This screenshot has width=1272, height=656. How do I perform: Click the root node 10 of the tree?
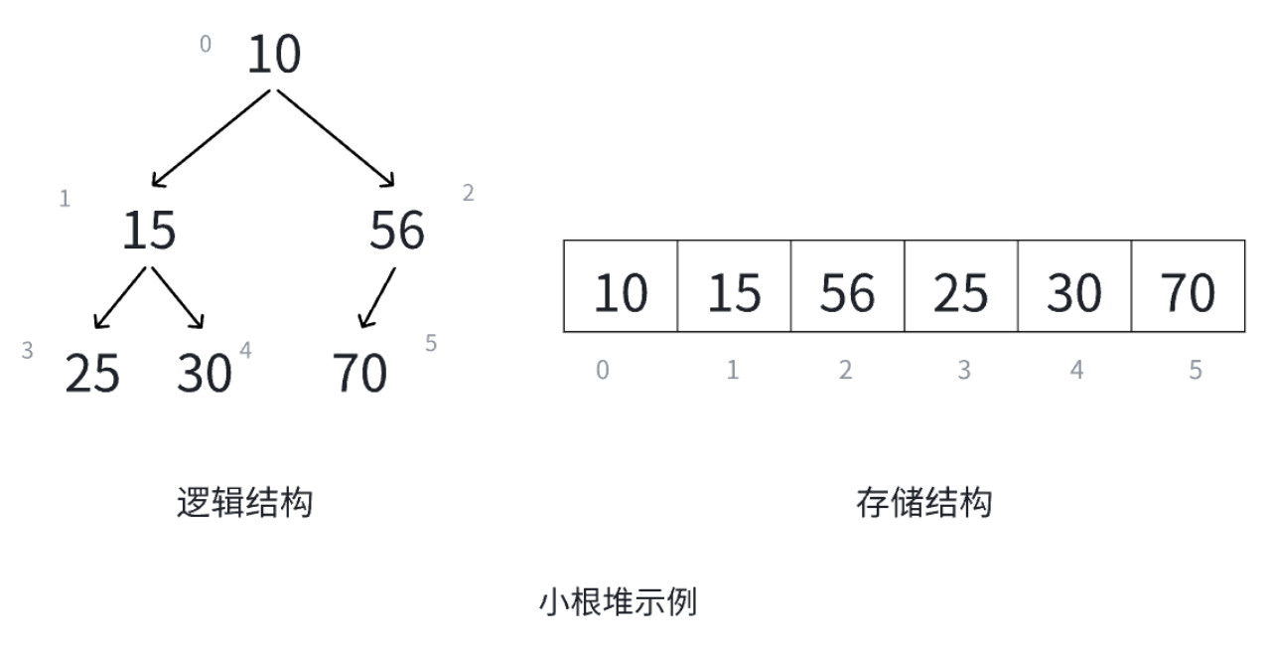[273, 55]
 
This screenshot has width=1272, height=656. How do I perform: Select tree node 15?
[149, 231]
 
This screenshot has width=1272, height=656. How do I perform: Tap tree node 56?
[397, 231]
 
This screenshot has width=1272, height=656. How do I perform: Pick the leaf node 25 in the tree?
[92, 374]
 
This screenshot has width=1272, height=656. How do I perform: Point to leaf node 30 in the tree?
[204, 374]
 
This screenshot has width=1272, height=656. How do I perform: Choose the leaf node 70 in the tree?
[359, 374]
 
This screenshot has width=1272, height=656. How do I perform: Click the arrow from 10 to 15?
[211, 138]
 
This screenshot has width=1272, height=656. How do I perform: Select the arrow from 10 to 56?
[336, 138]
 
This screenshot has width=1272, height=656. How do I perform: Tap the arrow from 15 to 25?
[120, 297]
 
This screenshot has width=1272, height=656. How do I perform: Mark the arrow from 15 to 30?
[177, 297]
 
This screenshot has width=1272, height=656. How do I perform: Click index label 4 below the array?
[1077, 371]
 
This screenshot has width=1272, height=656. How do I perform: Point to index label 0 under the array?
[603, 371]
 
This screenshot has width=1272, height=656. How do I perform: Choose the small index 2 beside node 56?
[469, 194]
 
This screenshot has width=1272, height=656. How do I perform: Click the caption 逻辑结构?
[244, 503]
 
